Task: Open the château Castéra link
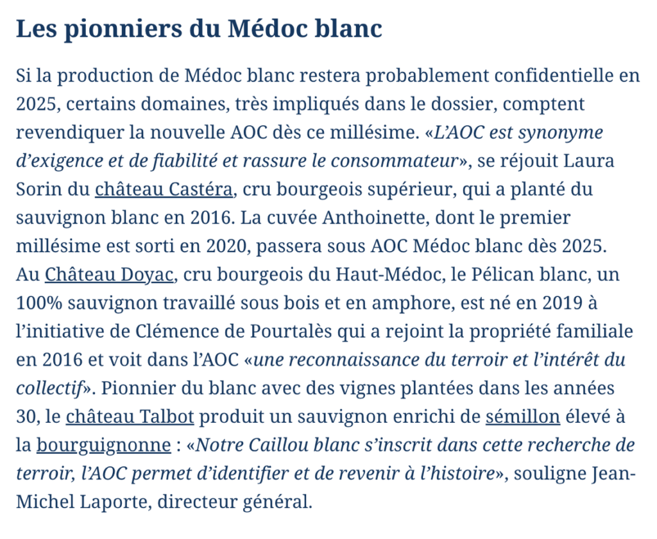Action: click(164, 190)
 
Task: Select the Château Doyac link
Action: click(109, 275)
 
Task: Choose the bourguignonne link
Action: click(103, 445)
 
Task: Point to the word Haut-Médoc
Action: click(386, 275)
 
